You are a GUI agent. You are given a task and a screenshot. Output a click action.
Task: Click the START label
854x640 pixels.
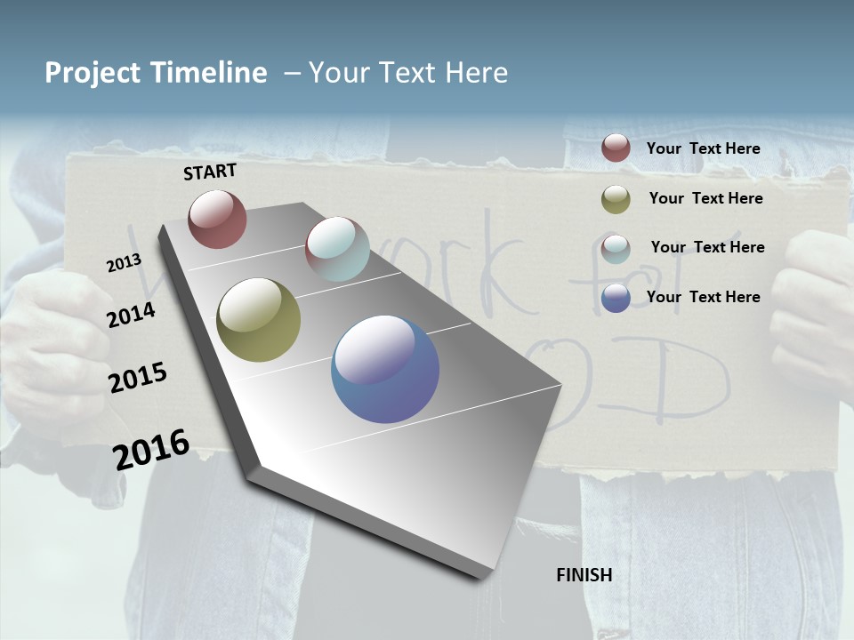[x=210, y=172]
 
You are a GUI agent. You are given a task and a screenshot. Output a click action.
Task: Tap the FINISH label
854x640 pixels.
[x=584, y=575]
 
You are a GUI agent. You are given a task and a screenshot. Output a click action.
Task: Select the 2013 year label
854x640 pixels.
[x=124, y=263]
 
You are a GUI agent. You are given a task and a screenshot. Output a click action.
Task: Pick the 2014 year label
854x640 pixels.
[x=131, y=316]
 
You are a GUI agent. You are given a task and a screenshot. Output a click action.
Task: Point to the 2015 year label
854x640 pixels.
[x=137, y=378]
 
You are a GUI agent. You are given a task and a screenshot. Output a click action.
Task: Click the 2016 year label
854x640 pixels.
[x=151, y=450]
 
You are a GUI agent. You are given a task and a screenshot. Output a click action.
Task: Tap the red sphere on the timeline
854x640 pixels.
[x=217, y=219]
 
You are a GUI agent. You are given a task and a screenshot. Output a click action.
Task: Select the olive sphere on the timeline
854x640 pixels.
[x=258, y=320]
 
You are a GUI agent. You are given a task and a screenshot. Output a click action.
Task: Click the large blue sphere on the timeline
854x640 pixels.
[x=385, y=369]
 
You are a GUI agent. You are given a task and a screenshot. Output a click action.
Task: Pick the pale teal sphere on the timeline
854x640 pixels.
[x=337, y=249]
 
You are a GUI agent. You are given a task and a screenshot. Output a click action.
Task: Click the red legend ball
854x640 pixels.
[x=616, y=148]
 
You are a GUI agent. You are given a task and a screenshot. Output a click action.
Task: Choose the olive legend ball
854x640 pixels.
[x=616, y=199]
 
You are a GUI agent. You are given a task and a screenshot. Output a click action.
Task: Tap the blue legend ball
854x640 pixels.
[x=616, y=298]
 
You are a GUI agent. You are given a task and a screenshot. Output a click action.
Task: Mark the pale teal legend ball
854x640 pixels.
[x=616, y=248]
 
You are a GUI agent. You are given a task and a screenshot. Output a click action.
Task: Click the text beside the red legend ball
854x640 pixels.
[x=703, y=148]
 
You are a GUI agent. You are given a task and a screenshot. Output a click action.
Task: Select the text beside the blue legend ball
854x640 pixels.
[x=703, y=297]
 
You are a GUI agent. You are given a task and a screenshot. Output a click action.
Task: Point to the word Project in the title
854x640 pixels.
[x=93, y=73]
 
